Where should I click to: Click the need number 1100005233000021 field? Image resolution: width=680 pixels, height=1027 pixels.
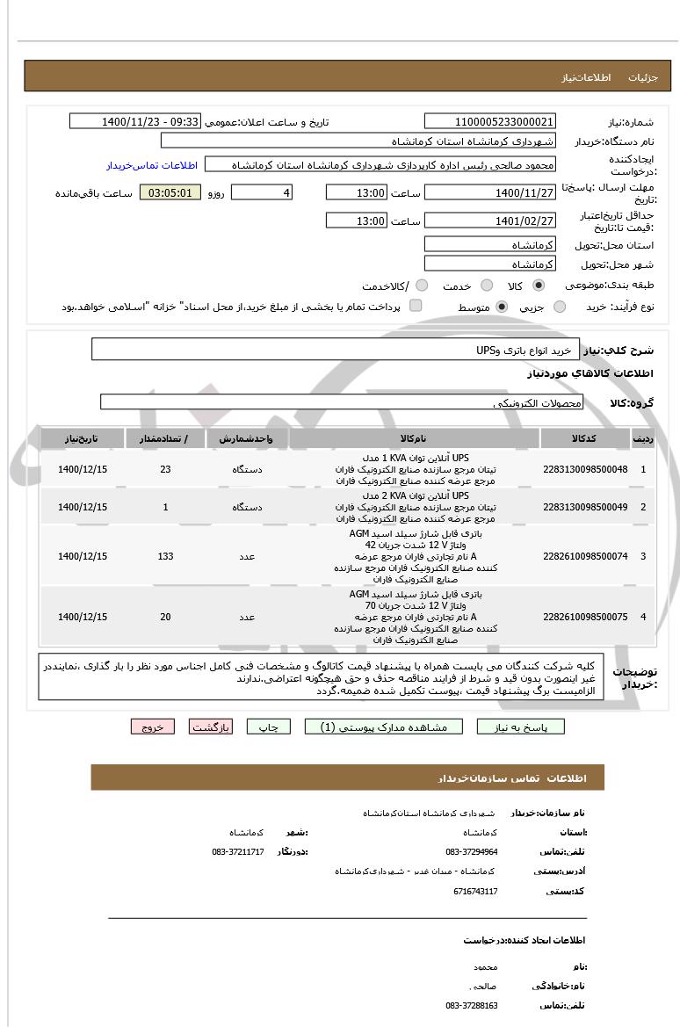click(x=490, y=121)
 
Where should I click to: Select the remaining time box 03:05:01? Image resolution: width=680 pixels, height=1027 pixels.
click(x=170, y=192)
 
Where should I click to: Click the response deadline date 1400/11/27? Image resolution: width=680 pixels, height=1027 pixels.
click(x=490, y=192)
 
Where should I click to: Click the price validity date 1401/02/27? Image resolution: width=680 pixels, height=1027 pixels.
click(x=490, y=221)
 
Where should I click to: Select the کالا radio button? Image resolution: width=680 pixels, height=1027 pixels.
click(x=539, y=286)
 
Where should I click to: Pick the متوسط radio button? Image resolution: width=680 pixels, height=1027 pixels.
click(x=502, y=307)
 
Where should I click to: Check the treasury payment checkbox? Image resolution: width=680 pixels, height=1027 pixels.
click(x=416, y=306)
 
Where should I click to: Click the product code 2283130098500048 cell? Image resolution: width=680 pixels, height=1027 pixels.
click(x=585, y=469)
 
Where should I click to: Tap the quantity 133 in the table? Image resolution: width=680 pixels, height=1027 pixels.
click(x=165, y=556)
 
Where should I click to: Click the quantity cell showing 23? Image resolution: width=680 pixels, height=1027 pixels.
click(x=165, y=469)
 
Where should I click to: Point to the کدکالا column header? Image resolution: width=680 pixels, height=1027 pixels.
click(x=585, y=438)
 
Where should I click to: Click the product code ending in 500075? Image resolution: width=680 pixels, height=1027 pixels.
click(x=585, y=617)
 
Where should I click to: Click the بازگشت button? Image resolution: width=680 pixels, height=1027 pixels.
click(x=211, y=727)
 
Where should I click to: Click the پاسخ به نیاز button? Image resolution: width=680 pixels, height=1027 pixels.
click(x=521, y=727)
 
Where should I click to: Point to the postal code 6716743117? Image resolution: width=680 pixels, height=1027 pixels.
click(x=475, y=891)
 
